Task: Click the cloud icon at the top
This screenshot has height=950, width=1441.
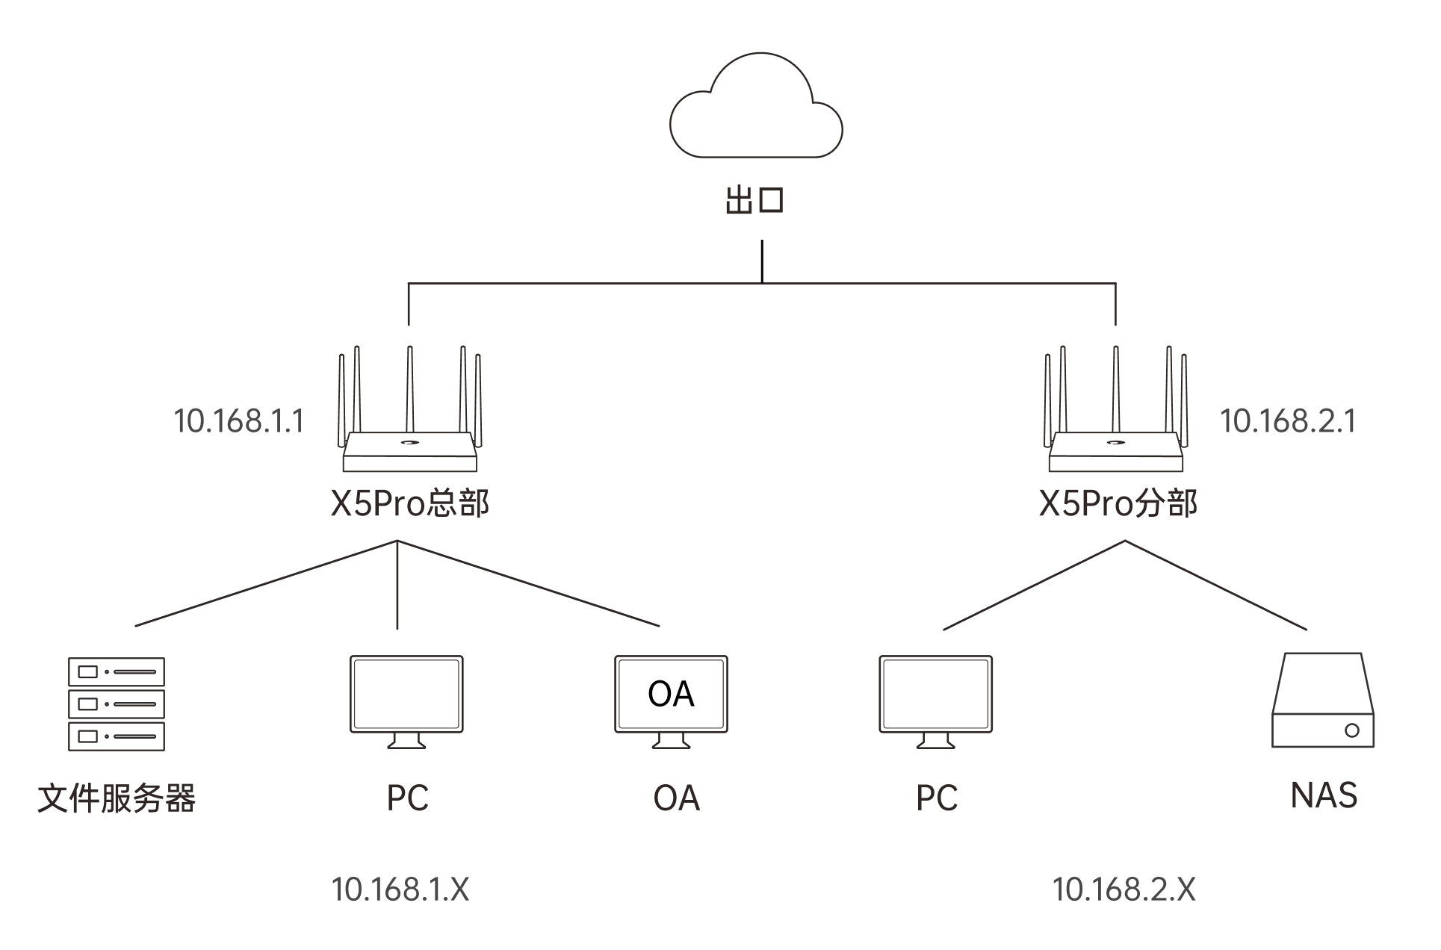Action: coord(756,105)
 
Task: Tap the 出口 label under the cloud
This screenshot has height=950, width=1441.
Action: coord(754,201)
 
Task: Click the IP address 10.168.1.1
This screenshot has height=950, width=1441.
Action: coord(239,421)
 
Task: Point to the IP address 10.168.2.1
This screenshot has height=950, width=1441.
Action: coord(1288,421)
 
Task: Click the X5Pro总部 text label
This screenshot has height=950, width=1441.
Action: coord(410,504)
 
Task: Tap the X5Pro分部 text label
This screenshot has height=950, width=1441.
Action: coord(1118,504)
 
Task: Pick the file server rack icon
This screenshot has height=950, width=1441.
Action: coord(117,704)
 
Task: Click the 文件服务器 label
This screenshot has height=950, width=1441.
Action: coord(117,798)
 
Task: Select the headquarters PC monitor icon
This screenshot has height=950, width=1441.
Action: coord(407,702)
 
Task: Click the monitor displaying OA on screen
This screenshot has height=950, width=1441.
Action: coord(671,702)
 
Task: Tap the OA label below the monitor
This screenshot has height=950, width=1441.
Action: coord(677,798)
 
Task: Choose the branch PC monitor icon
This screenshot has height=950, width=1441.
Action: coord(936,702)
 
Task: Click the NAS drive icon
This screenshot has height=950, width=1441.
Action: coord(1323,700)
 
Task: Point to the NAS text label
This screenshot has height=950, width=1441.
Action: coord(1324,795)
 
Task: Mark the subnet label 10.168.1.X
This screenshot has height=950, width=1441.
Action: coord(400,890)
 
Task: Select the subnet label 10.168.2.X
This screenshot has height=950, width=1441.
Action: coord(1124,890)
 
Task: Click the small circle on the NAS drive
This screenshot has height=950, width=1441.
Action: coord(1352,730)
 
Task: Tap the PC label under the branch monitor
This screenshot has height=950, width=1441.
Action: coord(937,798)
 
